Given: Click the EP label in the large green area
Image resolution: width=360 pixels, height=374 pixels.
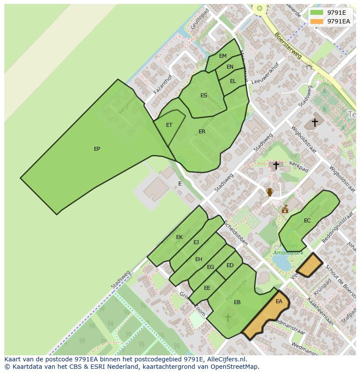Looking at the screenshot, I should (97, 149).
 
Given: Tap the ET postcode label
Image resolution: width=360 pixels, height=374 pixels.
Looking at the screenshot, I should (169, 125).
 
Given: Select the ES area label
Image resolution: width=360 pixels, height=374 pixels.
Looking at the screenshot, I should (203, 96).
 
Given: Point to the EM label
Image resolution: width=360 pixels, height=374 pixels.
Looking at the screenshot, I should (223, 56).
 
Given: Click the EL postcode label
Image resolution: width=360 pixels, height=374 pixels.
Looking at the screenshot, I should (233, 81).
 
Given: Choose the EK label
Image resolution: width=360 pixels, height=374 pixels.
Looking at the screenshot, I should (179, 237).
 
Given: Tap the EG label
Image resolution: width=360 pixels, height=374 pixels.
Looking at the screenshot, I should (210, 267).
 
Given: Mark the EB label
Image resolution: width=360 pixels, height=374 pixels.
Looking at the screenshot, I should (237, 302).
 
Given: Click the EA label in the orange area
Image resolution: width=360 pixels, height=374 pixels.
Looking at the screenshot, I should (279, 301).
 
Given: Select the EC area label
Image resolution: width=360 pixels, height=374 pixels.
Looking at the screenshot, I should (307, 221).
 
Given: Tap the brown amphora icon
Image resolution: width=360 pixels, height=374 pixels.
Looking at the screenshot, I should (270, 192).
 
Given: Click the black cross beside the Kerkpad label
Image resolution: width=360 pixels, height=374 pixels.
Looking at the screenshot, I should (276, 165).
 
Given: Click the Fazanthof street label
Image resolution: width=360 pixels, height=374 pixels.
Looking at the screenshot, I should (163, 84).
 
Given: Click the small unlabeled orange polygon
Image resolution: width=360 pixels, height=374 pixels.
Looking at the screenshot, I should (310, 265).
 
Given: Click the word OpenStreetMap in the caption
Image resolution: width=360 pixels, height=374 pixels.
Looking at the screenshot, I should (236, 367).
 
